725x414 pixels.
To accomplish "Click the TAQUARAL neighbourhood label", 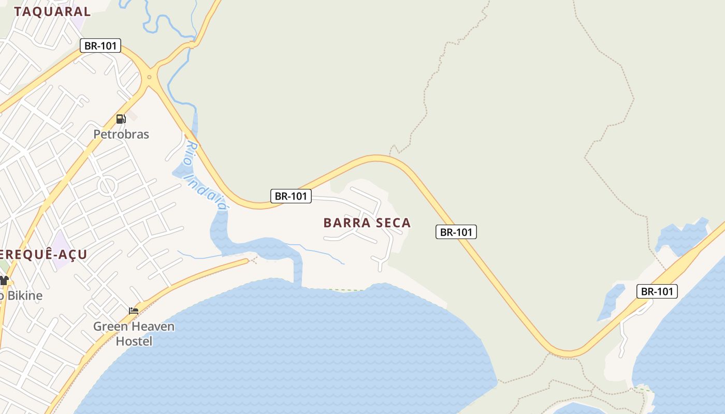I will (x=52, y=11).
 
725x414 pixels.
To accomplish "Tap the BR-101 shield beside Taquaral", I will (x=100, y=46).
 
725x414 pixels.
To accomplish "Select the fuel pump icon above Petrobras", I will (x=121, y=119).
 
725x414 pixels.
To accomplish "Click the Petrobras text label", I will (x=121, y=135).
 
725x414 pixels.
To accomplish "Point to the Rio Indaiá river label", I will (x=206, y=176).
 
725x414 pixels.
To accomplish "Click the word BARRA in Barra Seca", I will (x=346, y=223).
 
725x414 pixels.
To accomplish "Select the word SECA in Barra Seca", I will (x=392, y=223).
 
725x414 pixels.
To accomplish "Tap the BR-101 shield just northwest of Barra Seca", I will (x=291, y=196).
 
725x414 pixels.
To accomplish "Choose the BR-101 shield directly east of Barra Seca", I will (x=456, y=232).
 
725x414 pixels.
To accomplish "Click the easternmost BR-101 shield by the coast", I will (x=657, y=291).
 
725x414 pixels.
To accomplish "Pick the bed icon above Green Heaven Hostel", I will (x=134, y=310).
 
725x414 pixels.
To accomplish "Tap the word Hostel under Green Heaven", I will (x=134, y=342).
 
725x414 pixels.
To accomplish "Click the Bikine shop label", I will (x=23, y=296).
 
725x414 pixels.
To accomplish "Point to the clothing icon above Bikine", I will (x=4, y=280).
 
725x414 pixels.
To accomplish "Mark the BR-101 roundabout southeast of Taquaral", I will (x=149, y=77).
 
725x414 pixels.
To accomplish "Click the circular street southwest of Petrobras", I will (x=108, y=185).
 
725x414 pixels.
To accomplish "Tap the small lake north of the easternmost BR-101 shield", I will (x=683, y=237).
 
